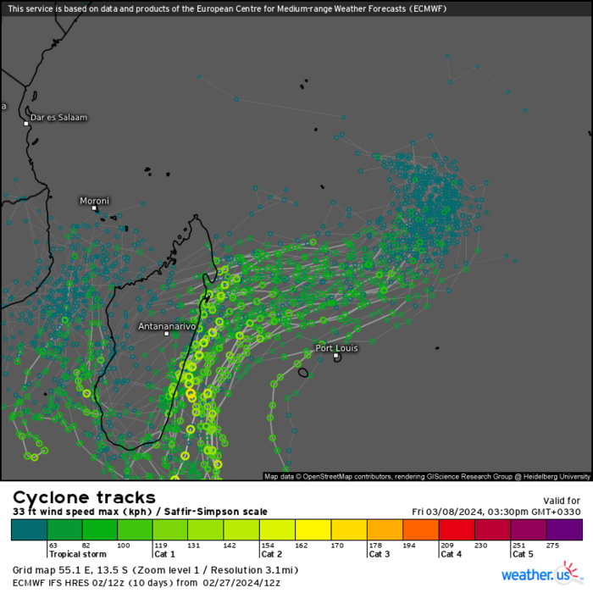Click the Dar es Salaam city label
tap(58, 117)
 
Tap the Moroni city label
tap(94, 201)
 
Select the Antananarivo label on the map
tap(167, 326)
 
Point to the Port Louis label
tap(336, 348)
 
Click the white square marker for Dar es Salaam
tap(26, 124)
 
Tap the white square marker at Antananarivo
tap(167, 334)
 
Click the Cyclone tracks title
tap(84, 497)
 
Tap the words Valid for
tap(561, 501)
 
